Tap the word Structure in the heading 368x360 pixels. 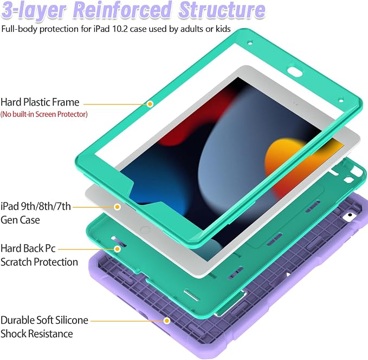(x=222, y=10)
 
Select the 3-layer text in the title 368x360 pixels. (x=34, y=11)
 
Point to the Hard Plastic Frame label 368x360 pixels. (x=40, y=102)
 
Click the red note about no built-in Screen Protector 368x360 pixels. (x=44, y=114)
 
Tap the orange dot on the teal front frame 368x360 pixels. (x=150, y=104)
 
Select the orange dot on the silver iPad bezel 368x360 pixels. (x=117, y=207)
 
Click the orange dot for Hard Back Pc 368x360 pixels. (x=118, y=248)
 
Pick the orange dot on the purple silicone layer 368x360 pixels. (x=167, y=320)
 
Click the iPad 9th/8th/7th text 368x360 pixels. (x=36, y=206)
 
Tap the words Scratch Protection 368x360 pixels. (x=39, y=262)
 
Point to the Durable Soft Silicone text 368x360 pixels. (x=44, y=320)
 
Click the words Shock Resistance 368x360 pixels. (x=37, y=334)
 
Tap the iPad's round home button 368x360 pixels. (x=145, y=230)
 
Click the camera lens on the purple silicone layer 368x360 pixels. (x=350, y=215)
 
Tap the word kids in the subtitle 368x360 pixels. (x=222, y=29)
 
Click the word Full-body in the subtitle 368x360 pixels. (x=20, y=29)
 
